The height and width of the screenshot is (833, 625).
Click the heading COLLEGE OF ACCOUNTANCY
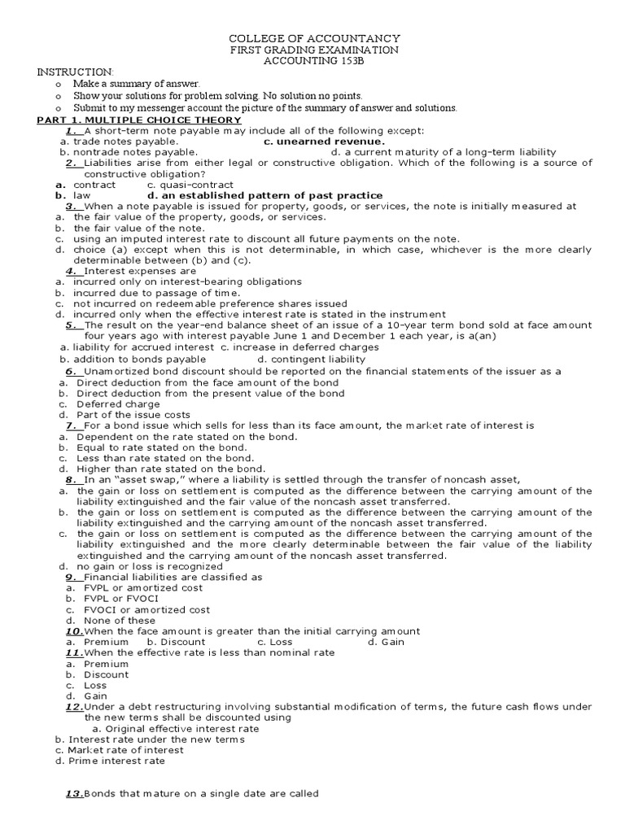(313, 38)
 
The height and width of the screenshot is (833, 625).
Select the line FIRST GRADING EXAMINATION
(313, 50)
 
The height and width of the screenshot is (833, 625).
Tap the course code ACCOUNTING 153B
(313, 61)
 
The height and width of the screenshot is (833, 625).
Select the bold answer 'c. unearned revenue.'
(313, 142)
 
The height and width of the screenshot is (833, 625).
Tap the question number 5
(72, 325)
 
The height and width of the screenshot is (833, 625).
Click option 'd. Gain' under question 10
(386, 642)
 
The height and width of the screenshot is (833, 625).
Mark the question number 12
(74, 707)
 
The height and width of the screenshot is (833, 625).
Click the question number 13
(74, 794)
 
